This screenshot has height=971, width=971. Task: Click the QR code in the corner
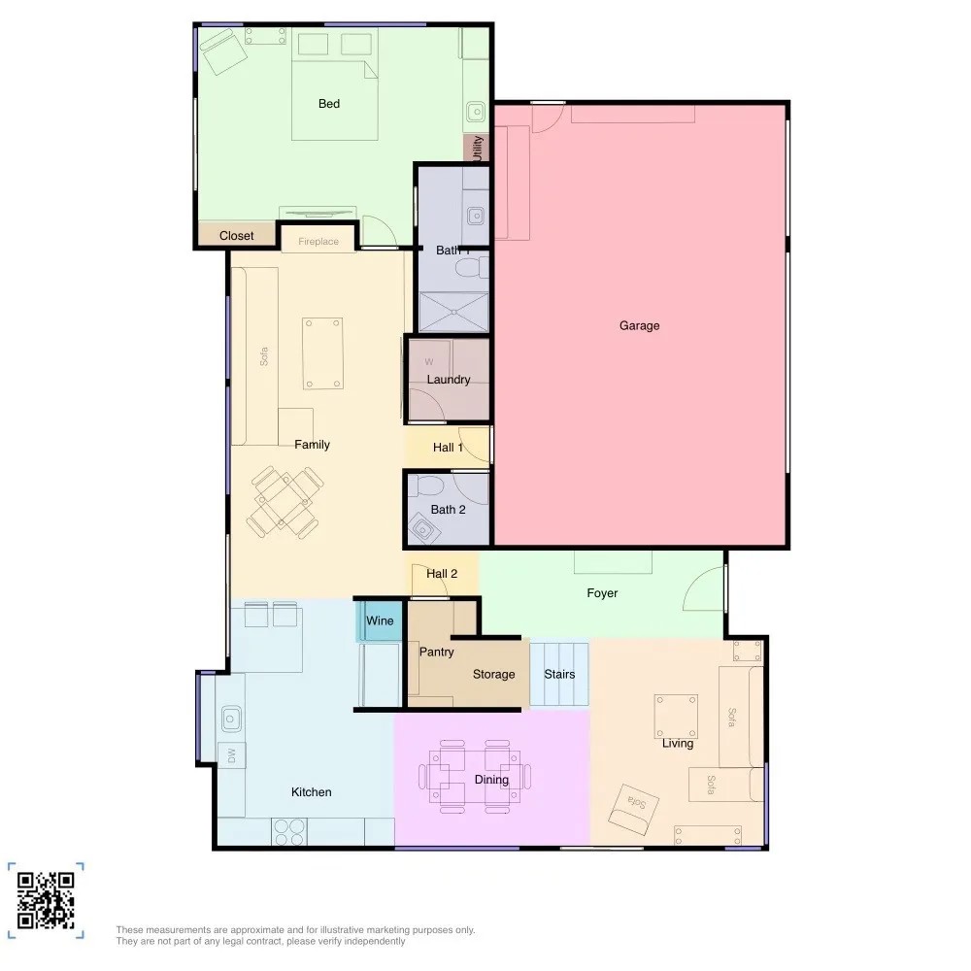[46, 900]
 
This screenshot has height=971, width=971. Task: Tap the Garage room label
[639, 325]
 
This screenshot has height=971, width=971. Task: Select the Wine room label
[380, 620]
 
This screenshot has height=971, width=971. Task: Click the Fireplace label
[318, 242]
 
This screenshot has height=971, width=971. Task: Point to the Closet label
[237, 236]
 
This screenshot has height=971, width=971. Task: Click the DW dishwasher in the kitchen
[232, 755]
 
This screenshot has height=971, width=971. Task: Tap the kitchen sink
[231, 719]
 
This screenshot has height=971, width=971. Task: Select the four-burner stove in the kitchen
[289, 832]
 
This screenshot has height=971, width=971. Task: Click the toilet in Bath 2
[425, 485]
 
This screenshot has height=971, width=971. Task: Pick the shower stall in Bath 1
[453, 312]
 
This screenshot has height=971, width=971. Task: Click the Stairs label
[559, 675]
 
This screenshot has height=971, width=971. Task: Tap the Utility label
[477, 149]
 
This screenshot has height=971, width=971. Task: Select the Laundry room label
[449, 380]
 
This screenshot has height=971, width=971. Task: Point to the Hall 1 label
[448, 447]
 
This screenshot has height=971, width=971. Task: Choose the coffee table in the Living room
[676, 717]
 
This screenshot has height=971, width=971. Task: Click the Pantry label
[437, 653]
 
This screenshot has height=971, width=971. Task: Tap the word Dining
[491, 780]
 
